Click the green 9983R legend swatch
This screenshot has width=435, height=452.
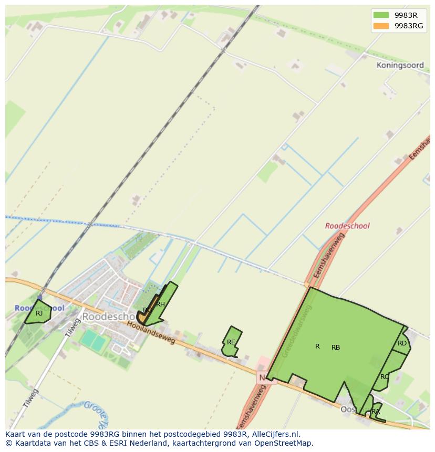381,15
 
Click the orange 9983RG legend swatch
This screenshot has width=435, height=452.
381,26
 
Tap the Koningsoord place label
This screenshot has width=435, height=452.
400,66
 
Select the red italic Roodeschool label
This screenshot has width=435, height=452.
347,226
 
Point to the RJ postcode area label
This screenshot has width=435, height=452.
39,313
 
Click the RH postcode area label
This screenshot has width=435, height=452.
160,304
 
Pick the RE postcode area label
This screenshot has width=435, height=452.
231,342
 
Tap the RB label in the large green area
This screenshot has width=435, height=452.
336,348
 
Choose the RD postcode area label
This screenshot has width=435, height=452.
402,343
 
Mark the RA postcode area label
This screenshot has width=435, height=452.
375,412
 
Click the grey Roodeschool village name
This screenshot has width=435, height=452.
108,317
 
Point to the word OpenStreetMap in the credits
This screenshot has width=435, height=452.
287,443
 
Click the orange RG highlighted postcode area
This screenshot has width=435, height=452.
142,318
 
